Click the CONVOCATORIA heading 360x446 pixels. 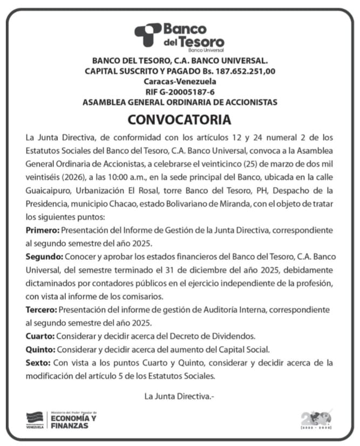(180, 119)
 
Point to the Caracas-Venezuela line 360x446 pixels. (180, 81)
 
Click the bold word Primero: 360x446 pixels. (43, 230)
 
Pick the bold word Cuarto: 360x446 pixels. (40, 335)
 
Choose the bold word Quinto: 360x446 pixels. (40, 348)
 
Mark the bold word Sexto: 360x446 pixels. (38, 362)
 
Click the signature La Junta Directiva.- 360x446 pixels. (180, 396)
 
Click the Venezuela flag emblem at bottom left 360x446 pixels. (35, 420)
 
